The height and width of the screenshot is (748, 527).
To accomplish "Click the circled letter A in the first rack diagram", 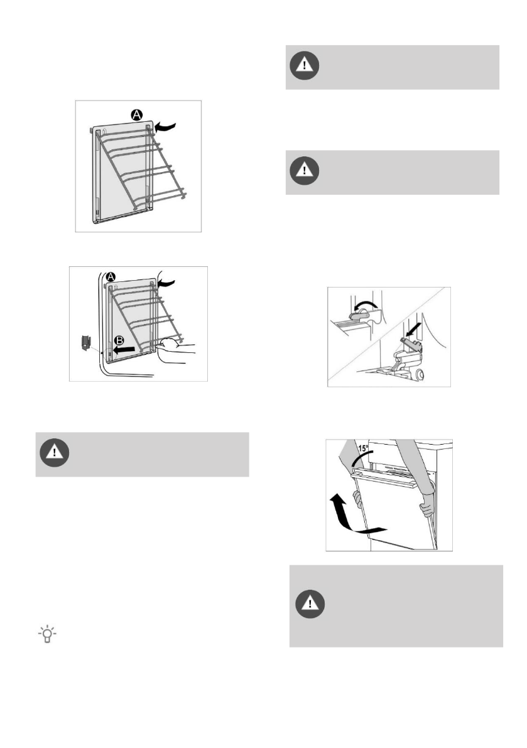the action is (x=137, y=114).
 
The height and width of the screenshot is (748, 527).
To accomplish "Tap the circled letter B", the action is (x=119, y=340).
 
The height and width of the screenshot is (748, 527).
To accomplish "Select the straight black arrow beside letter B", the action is (x=124, y=350).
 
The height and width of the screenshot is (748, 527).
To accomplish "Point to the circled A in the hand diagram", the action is (x=111, y=277).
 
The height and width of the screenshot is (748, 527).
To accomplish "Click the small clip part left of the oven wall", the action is (x=86, y=342).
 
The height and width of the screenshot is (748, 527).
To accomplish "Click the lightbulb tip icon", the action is (x=47, y=634).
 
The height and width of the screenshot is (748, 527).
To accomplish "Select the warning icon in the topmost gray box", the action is (x=304, y=65).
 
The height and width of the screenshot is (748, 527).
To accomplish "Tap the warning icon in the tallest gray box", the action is (x=310, y=604).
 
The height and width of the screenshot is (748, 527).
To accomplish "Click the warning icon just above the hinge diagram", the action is (x=304, y=171).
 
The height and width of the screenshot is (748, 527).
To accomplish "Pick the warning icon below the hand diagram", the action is (x=55, y=453).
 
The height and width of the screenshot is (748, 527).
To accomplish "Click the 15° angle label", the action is (x=364, y=448).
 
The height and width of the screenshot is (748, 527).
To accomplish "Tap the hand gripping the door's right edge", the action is (x=427, y=507).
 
